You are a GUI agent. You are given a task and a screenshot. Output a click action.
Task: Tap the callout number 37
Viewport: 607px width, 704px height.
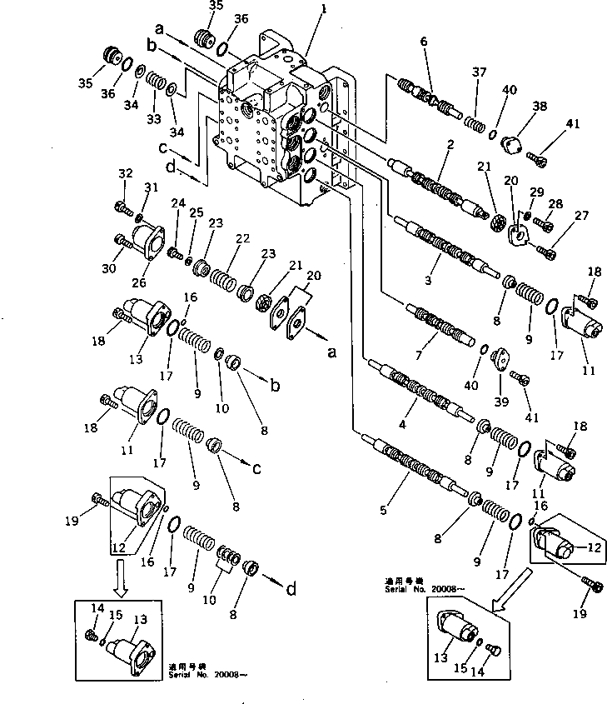tap(478, 72)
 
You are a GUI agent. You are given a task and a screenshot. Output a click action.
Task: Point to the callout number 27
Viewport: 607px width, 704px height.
tap(581, 216)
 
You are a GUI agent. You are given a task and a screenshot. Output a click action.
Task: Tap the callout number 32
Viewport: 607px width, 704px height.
tap(126, 174)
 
